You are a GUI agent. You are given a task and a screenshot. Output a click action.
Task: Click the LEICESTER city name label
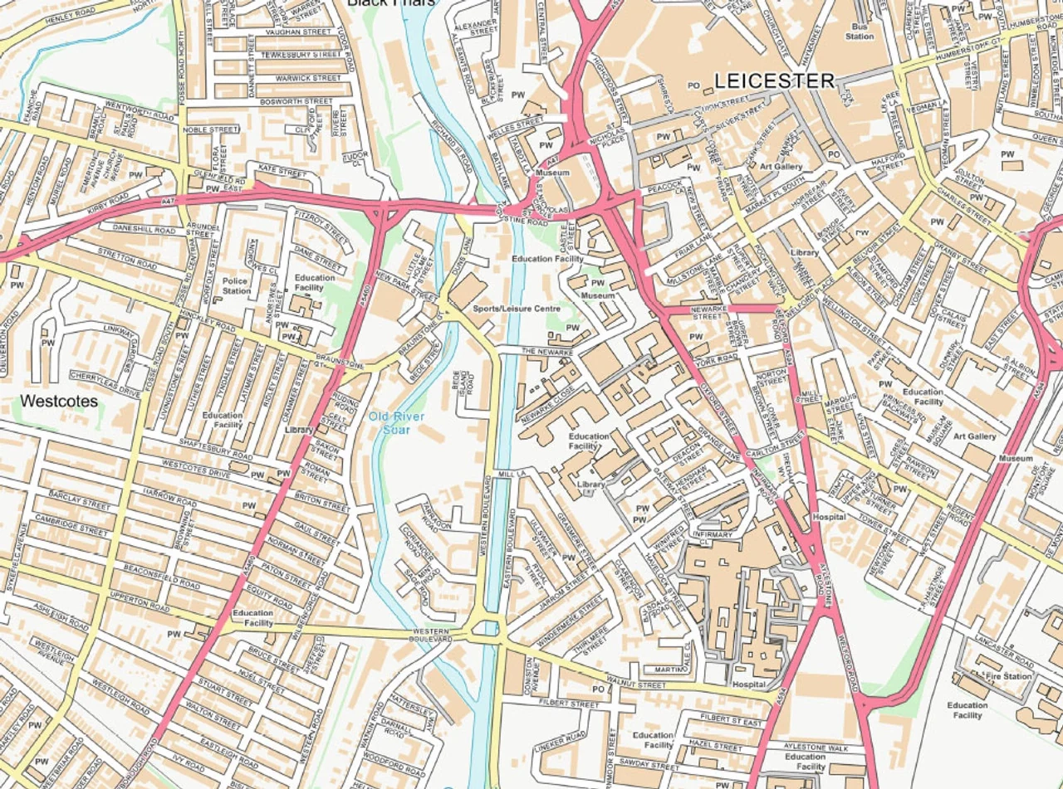[774, 80]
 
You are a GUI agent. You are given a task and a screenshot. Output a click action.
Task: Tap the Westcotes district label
[59, 402]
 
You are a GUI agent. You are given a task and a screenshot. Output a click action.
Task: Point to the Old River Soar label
[397, 422]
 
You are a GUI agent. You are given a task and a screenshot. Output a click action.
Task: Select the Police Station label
[236, 286]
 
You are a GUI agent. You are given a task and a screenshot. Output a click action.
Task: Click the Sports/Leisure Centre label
[517, 309]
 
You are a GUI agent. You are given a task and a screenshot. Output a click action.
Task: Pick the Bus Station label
[860, 31]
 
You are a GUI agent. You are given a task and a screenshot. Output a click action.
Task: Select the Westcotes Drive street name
[196, 469]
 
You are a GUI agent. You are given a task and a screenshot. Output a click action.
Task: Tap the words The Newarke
[547, 353]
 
